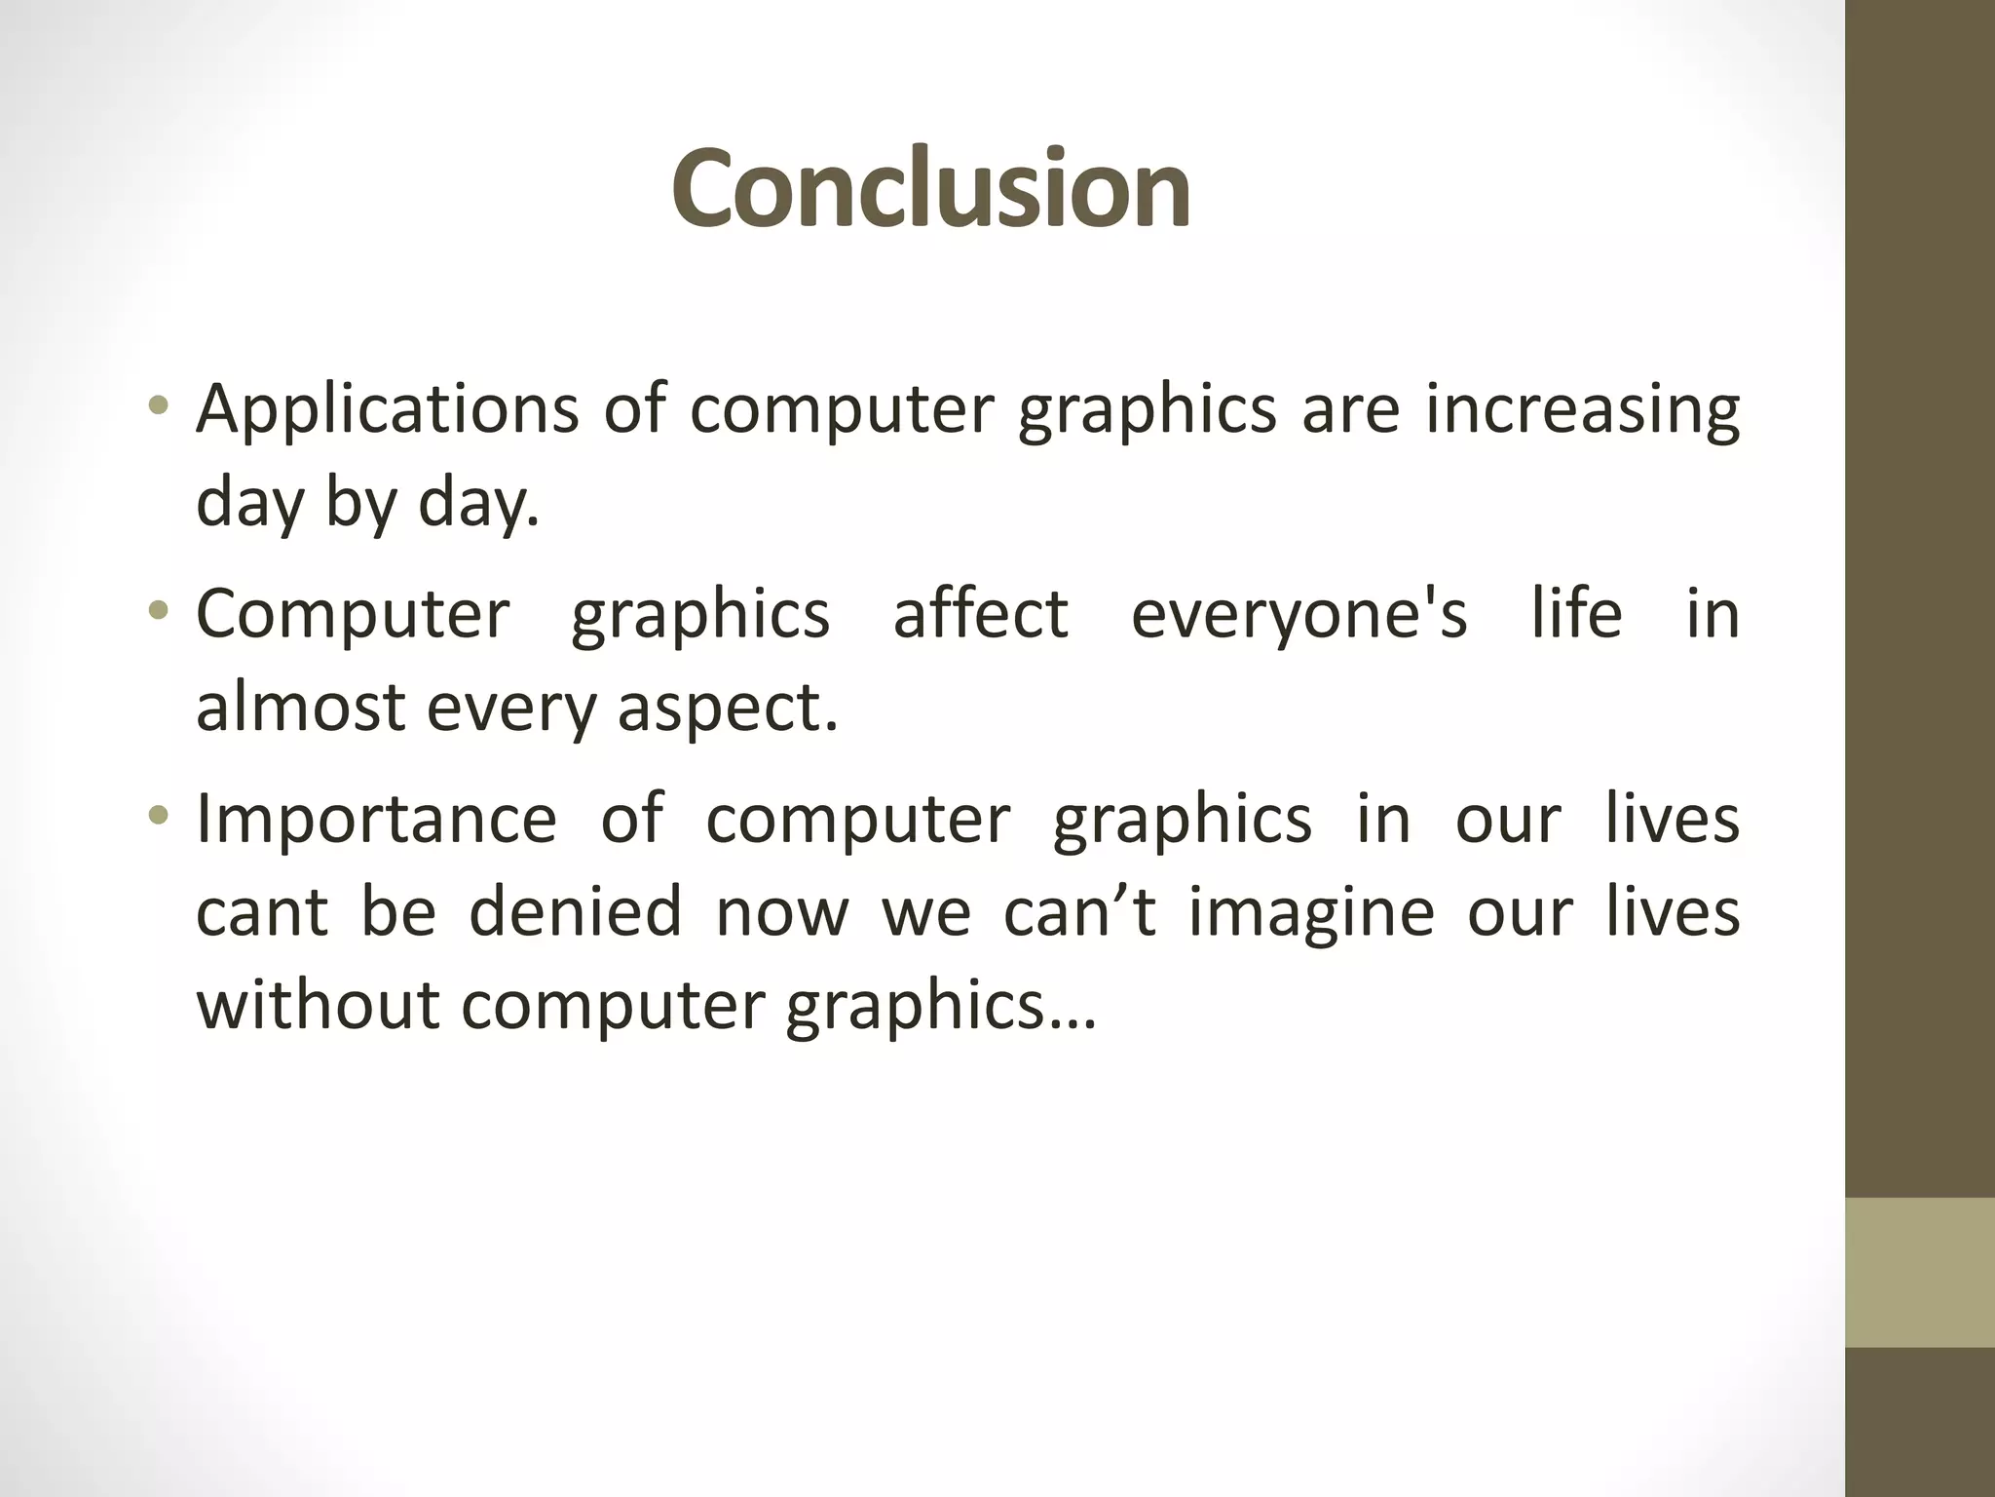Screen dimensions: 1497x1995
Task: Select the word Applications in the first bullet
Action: pyautogui.click(x=388, y=409)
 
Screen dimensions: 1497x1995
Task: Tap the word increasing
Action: pyautogui.click(x=1582, y=409)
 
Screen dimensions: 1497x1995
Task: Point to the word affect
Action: pyautogui.click(x=980, y=614)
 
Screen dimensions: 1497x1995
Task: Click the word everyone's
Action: pyautogui.click(x=1299, y=614)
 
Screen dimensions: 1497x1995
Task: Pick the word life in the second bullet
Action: pyautogui.click(x=1576, y=614)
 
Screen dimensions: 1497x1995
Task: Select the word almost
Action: pyautogui.click(x=300, y=707)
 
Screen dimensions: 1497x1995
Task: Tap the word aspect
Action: pyautogui.click(x=727, y=709)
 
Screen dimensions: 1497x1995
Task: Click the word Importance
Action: pyautogui.click(x=376, y=819)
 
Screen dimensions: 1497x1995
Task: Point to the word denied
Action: pyautogui.click(x=575, y=911)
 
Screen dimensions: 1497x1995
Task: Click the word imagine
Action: pyautogui.click(x=1311, y=913)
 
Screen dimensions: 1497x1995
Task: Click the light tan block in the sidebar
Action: pyautogui.click(x=1919, y=1273)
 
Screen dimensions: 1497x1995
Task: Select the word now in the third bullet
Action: pyautogui.click(x=781, y=913)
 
